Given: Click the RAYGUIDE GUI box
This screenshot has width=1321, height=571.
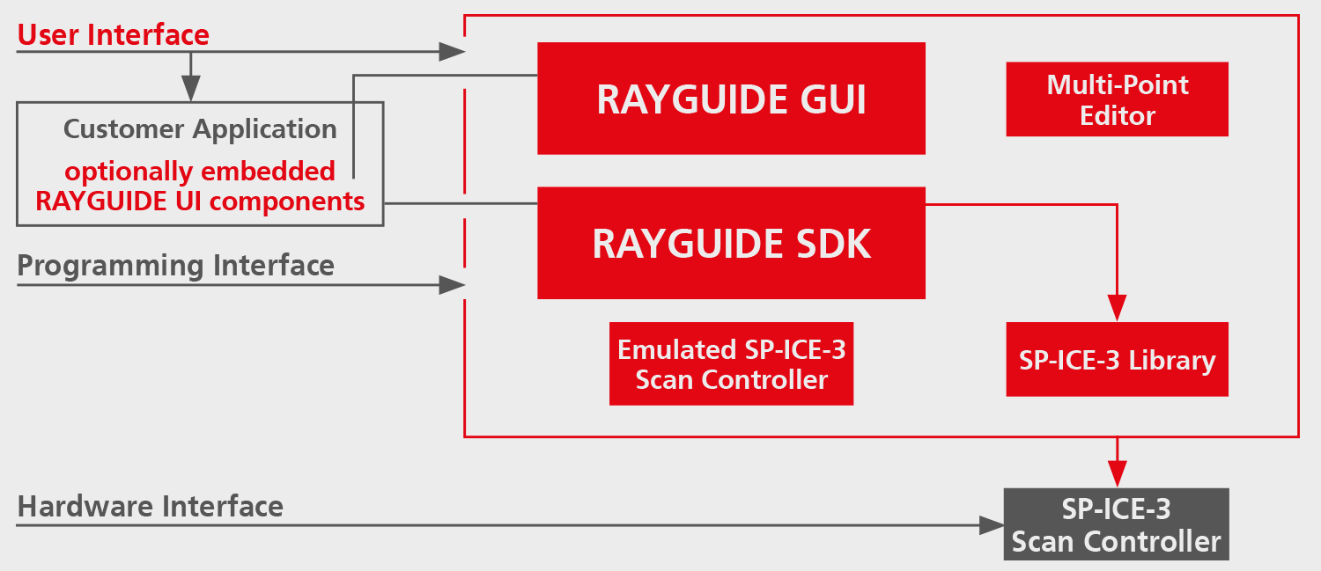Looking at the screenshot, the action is [x=731, y=99].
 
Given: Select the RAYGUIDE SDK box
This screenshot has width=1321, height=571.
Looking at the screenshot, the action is [x=731, y=243].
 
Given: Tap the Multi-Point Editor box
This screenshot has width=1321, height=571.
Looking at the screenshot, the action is [x=1117, y=99].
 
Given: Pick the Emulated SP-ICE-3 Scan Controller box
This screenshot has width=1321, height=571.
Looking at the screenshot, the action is [x=731, y=363].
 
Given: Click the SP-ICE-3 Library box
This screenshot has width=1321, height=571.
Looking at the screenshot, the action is [x=1117, y=360].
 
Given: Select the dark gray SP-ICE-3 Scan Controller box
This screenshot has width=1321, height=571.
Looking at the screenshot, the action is [x=1117, y=523].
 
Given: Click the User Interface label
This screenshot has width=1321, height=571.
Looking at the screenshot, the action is [x=114, y=35].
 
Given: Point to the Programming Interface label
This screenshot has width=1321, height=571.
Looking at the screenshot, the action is [x=176, y=266].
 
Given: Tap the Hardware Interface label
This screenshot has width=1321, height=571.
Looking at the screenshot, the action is [x=151, y=506].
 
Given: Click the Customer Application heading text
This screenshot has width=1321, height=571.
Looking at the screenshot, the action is [x=200, y=129].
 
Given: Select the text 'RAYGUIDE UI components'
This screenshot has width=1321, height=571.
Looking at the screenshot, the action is [x=200, y=201].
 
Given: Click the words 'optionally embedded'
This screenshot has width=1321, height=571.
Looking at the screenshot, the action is [x=200, y=172].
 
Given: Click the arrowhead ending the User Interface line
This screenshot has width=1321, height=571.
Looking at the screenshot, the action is [x=453, y=52].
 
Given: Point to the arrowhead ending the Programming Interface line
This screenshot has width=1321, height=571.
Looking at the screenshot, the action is [x=453, y=285].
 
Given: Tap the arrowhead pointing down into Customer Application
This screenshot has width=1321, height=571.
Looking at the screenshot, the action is [x=190, y=88].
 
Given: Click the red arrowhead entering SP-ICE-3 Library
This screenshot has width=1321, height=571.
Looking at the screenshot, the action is [x=1117, y=308].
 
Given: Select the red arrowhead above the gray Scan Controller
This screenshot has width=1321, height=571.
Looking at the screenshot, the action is [x=1117, y=474].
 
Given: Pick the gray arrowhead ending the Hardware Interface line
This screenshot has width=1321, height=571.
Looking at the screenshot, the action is [x=992, y=525].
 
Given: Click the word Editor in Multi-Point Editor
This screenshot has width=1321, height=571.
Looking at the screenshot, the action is [x=1117, y=116].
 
